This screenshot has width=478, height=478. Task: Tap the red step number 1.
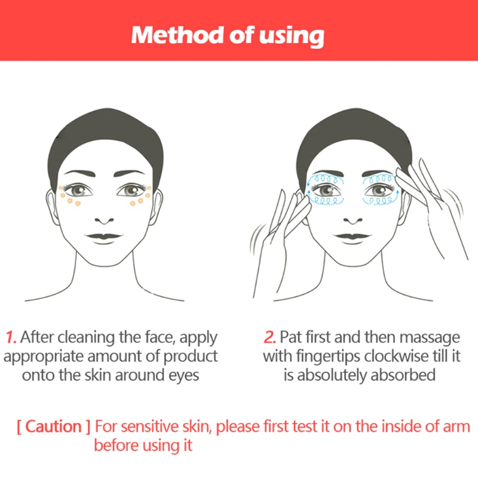(x=11, y=337)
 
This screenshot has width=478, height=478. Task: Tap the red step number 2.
(x=270, y=337)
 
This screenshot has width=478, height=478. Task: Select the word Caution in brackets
(x=54, y=427)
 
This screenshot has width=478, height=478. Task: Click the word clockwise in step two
(x=382, y=356)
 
